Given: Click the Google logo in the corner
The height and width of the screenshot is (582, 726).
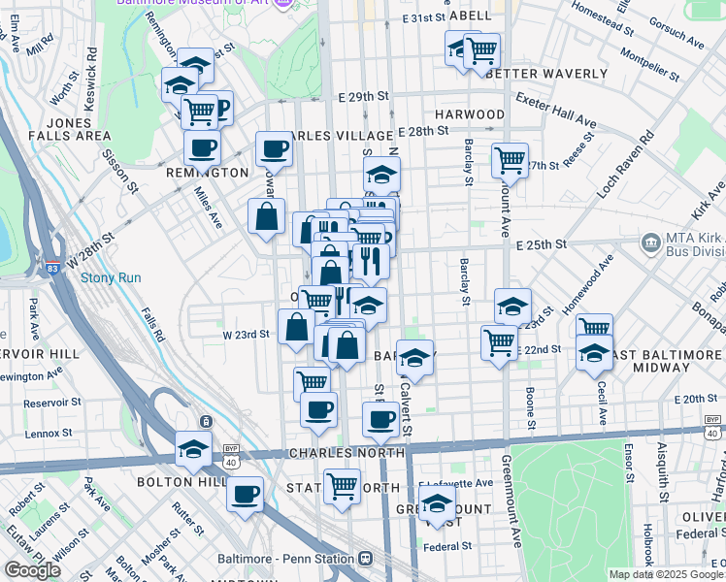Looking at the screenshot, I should (32, 570).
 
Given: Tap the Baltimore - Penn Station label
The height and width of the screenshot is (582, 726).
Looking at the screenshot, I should (300, 559).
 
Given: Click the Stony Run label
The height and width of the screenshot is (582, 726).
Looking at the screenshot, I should (111, 277).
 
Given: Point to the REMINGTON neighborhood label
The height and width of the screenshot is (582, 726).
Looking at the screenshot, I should (207, 173).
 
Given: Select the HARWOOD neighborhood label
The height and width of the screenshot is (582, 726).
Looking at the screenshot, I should (470, 114).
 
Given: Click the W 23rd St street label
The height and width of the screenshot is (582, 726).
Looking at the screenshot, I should (246, 335).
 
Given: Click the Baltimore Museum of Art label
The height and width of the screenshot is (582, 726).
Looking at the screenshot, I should (194, 3).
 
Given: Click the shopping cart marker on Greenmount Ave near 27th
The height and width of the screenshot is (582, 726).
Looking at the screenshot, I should (510, 159).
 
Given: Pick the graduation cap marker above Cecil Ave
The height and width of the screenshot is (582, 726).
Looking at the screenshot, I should (594, 353).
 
